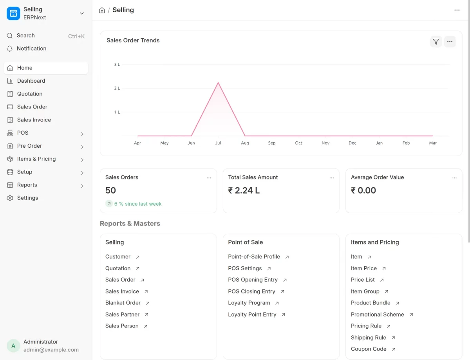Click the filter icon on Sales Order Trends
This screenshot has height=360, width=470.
point(436,42)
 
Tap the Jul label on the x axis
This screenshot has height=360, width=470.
point(218,143)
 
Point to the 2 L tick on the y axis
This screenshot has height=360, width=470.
point(117,88)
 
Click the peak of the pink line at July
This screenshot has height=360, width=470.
point(218,82)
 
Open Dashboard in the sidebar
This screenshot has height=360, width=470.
point(31,81)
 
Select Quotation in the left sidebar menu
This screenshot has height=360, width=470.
point(30,94)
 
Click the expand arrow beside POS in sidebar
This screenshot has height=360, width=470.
point(82,134)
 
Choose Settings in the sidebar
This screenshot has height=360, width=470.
point(27,198)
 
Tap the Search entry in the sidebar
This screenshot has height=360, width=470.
point(25,36)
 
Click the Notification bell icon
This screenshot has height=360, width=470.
point(10,49)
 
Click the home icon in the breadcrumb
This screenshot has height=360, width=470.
point(102,10)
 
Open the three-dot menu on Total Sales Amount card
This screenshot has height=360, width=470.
point(332,178)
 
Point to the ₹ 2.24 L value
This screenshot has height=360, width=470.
point(244,190)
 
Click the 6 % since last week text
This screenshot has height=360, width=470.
point(138,204)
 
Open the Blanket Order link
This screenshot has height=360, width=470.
point(123,303)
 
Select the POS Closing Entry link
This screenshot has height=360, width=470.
point(251,291)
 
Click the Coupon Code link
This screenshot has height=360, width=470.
point(368,349)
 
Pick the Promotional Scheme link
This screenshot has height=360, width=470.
point(377,315)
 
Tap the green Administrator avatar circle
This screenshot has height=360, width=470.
point(13,346)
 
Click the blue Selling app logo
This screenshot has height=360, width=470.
point(13,13)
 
